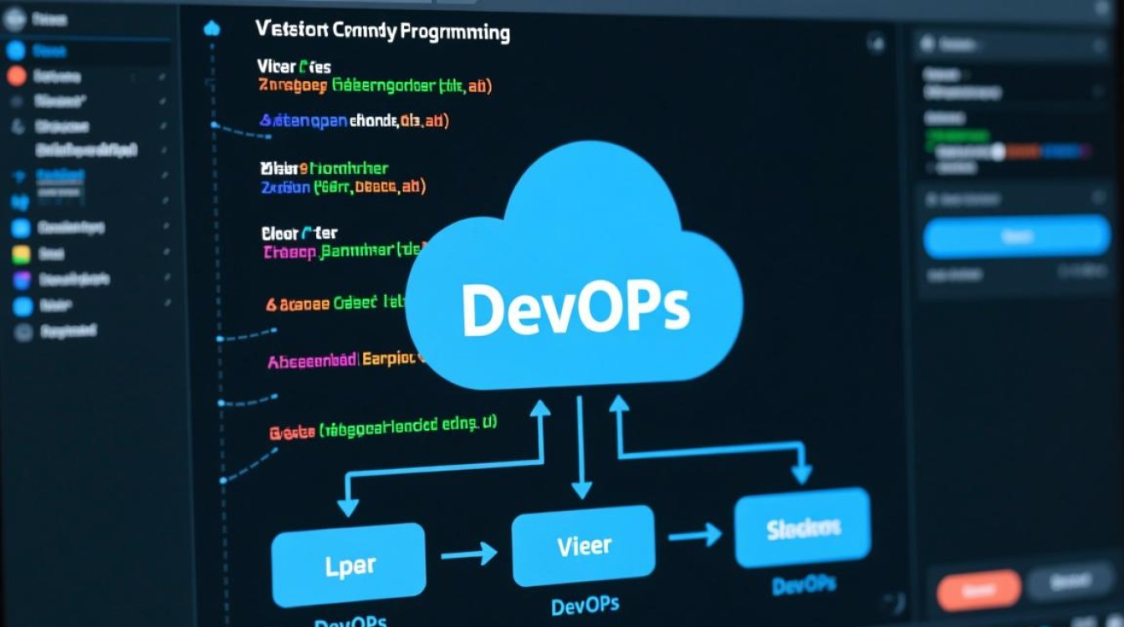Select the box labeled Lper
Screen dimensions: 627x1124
349,565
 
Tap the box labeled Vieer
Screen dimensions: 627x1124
583,545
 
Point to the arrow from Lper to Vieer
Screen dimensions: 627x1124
468,553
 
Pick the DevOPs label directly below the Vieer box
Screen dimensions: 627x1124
585,606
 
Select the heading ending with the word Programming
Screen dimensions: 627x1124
382,32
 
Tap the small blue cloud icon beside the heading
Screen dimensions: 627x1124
212,29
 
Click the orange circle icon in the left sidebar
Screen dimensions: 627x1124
16,76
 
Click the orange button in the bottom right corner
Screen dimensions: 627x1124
978,589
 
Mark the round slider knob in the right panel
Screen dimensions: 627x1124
997,151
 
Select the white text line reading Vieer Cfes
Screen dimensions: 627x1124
294,67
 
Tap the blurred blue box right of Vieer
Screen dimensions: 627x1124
802,528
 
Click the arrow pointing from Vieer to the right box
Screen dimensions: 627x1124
695,533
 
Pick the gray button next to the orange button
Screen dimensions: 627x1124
1069,583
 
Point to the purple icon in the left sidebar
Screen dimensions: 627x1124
23,280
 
